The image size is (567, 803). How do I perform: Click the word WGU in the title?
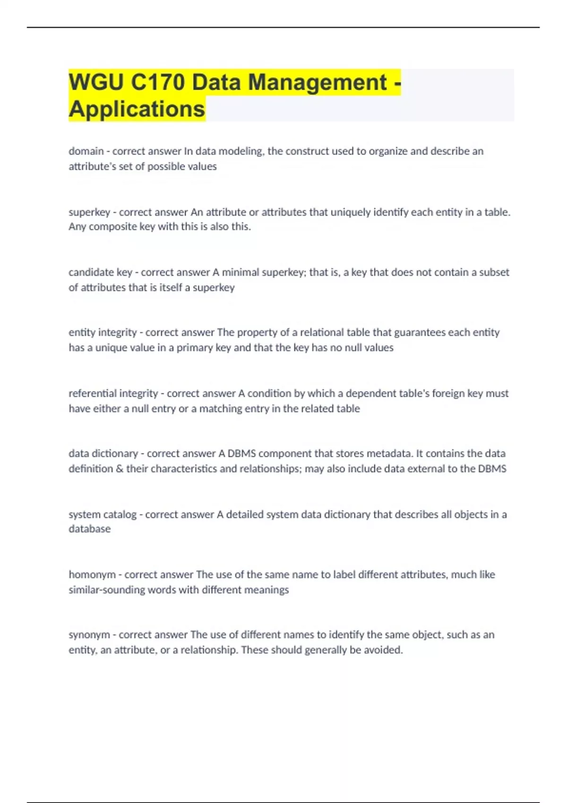click(x=96, y=82)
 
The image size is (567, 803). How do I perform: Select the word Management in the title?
click(x=318, y=82)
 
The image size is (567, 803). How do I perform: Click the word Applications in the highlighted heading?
click(x=137, y=109)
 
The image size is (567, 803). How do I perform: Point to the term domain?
click(x=86, y=151)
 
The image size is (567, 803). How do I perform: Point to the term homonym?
click(x=92, y=575)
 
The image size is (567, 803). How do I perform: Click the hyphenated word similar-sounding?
click(x=107, y=590)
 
